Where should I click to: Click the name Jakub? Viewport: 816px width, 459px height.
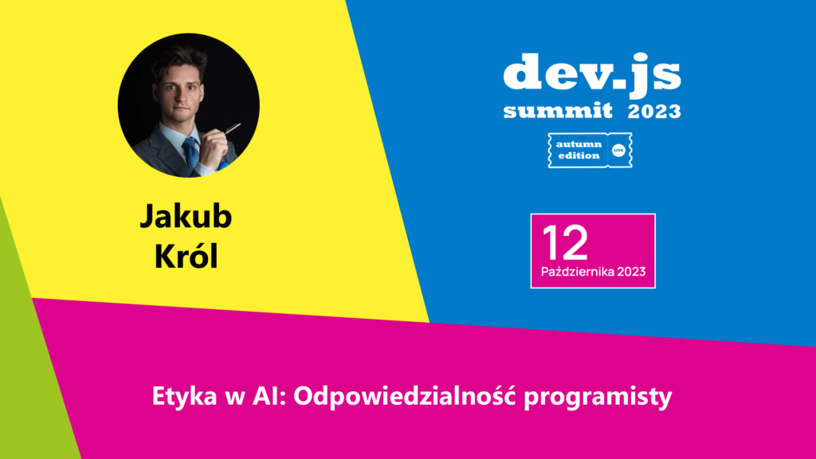186,216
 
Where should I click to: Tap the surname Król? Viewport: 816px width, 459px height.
186,256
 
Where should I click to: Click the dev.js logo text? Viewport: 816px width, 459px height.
592,74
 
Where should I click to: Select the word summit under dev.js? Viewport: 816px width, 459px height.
558,110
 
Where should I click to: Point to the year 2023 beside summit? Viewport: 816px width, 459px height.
654,111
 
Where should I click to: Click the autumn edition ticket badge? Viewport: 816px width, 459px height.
590,150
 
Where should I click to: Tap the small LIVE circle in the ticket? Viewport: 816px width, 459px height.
618,151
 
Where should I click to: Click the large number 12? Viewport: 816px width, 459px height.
565,242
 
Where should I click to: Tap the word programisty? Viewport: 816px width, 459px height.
598,397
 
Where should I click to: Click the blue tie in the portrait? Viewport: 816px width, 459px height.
190,152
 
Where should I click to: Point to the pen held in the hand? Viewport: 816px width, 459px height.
232,128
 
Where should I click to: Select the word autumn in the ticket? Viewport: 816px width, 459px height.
579,144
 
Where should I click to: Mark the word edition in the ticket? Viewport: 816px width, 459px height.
579,155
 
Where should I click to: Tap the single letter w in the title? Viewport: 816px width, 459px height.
235,398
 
